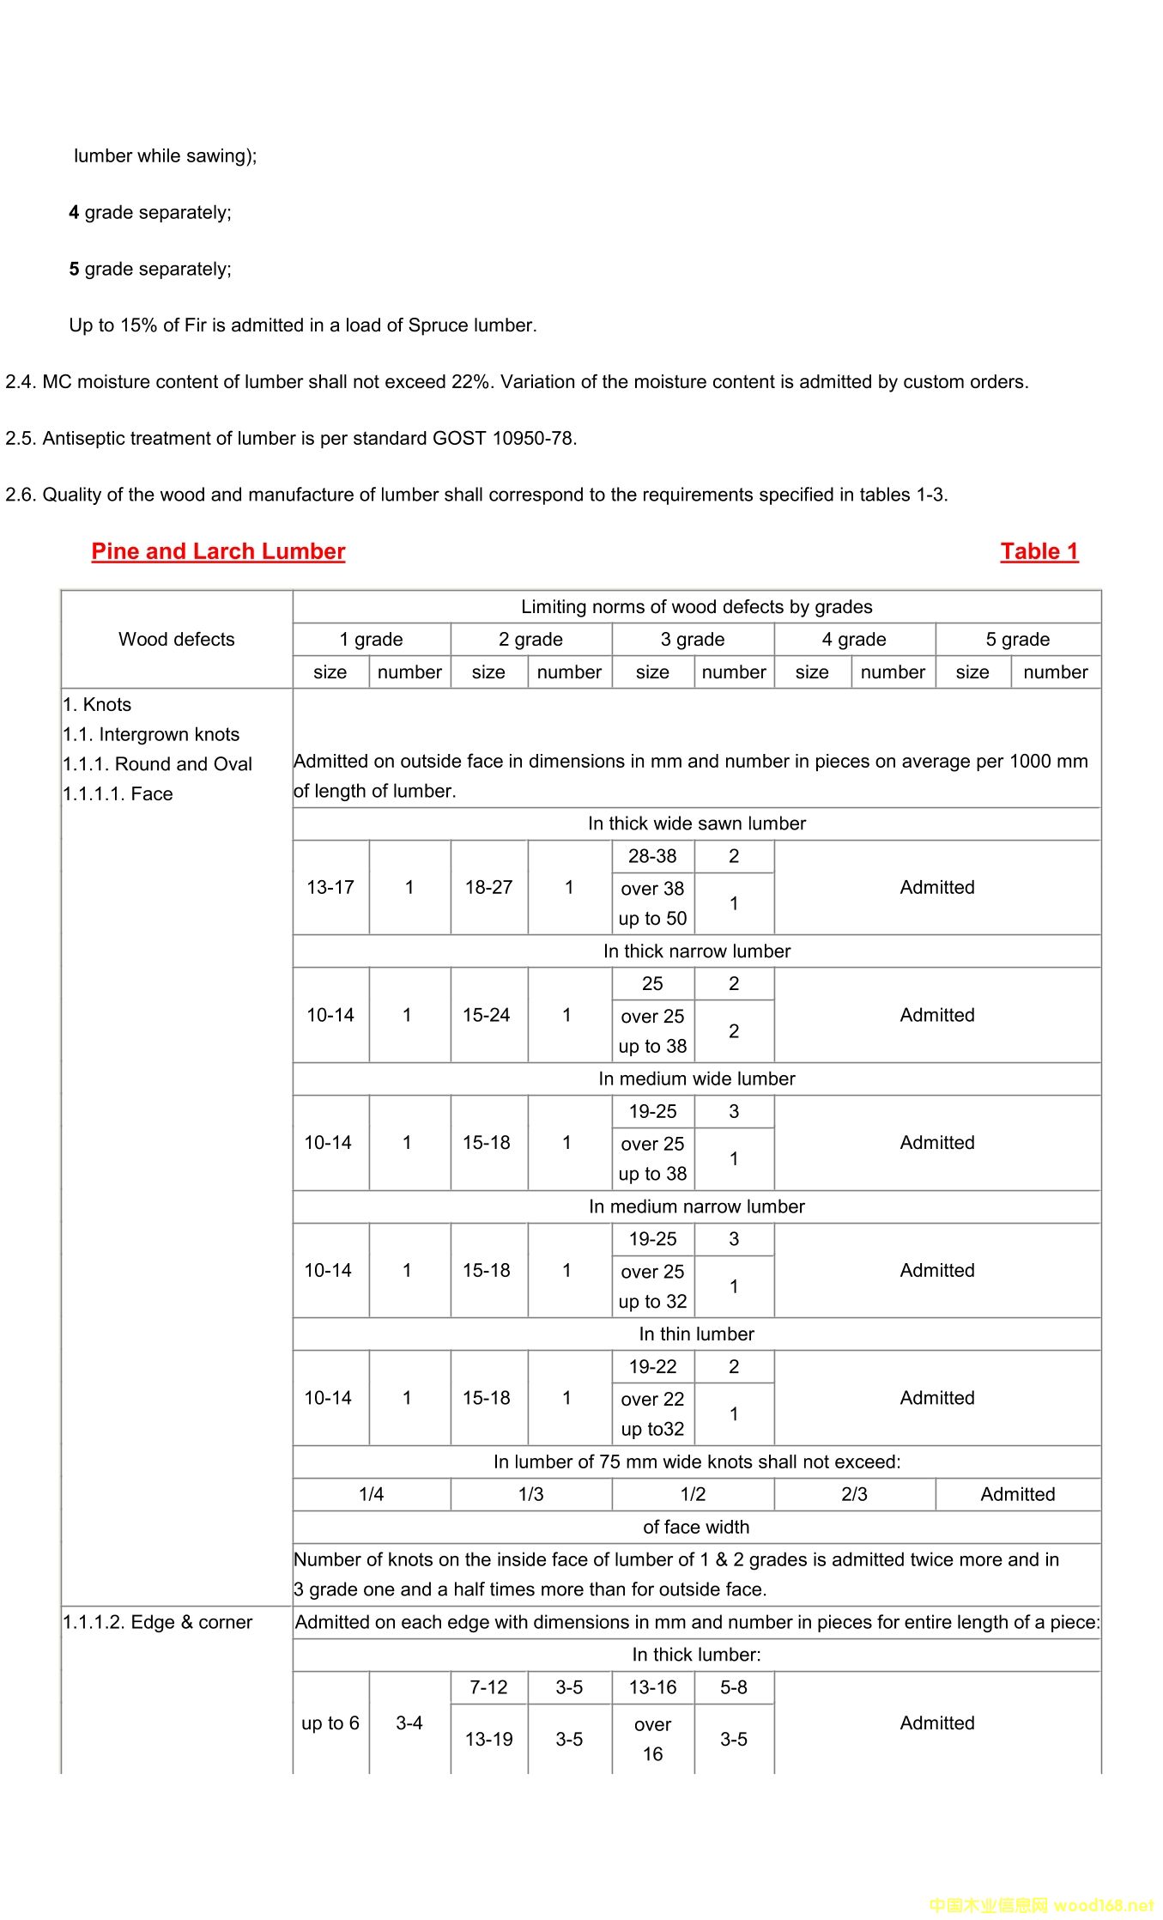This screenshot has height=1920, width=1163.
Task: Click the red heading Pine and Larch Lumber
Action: pos(218,551)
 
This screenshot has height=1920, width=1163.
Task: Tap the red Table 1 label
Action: pos(1039,551)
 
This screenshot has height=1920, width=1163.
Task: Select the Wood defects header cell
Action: pos(176,639)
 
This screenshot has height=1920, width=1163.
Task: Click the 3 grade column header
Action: pos(693,639)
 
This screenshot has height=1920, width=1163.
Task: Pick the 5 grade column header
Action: pos(1017,639)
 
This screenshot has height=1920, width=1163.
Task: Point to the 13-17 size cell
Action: pos(330,887)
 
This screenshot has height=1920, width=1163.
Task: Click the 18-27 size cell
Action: pos(488,887)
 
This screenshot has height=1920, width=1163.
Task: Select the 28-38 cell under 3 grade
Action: pos(652,856)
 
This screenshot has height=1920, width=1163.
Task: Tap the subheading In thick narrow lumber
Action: pos(696,951)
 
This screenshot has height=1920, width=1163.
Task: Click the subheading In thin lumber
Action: pos(696,1334)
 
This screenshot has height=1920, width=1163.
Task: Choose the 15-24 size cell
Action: pos(486,1015)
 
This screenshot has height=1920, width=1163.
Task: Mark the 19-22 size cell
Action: pos(652,1366)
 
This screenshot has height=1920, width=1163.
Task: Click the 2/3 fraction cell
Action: pos(854,1494)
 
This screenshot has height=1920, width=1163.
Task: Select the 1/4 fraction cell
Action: pos(371,1494)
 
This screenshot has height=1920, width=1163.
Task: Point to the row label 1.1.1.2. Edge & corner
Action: pos(158,1622)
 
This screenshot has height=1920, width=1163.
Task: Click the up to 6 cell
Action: pos(330,1723)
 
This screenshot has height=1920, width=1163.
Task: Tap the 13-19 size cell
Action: pos(488,1739)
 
